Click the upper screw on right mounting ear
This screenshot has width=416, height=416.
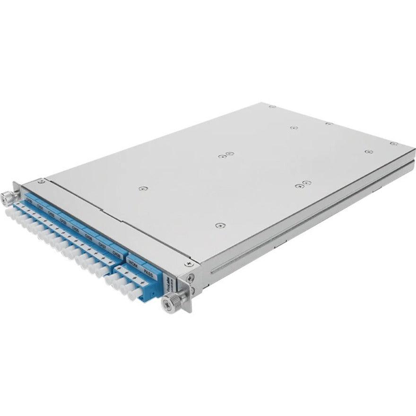[x=190, y=278]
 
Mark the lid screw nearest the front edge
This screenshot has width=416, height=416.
[x=217, y=225]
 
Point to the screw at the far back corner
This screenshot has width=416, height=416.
[x=272, y=107]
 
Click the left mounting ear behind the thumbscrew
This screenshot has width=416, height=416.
[x=15, y=189]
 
